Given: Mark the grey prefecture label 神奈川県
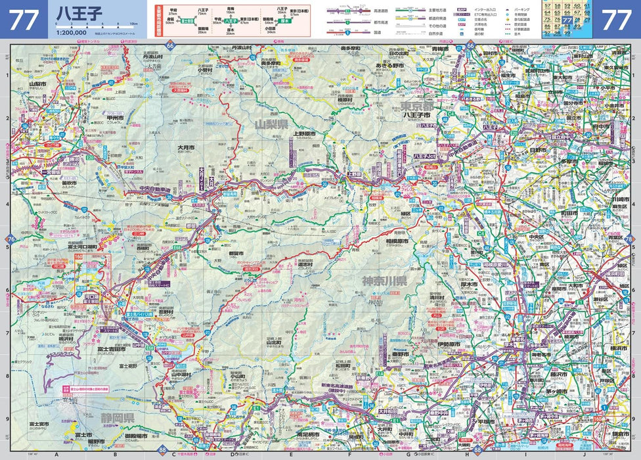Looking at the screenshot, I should [x=384, y=281].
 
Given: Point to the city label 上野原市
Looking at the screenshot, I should [x=304, y=133].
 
